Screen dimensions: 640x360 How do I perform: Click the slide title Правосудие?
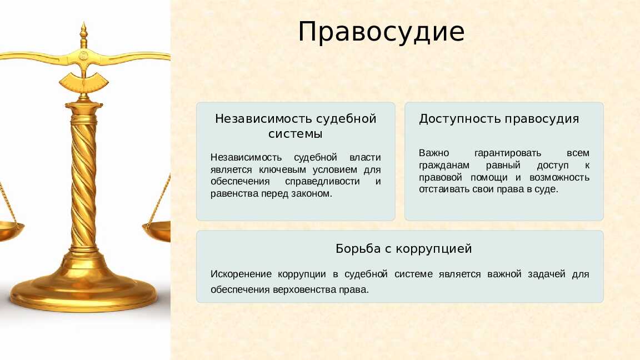[381, 32]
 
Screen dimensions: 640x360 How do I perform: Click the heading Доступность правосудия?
[499, 119]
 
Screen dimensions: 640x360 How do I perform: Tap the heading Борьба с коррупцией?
[404, 248]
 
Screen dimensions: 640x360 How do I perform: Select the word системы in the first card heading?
[295, 134]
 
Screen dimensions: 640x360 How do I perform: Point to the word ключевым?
[282, 169]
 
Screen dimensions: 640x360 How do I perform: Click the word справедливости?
[322, 182]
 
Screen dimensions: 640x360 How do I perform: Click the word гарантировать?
[508, 153]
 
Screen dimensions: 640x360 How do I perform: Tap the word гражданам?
[444, 166]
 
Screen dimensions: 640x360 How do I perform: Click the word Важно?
[434, 153]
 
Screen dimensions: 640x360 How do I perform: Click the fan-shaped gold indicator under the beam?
[84, 82]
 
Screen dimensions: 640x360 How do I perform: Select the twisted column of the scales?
[84, 179]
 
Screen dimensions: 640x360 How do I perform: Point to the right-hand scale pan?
[157, 231]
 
